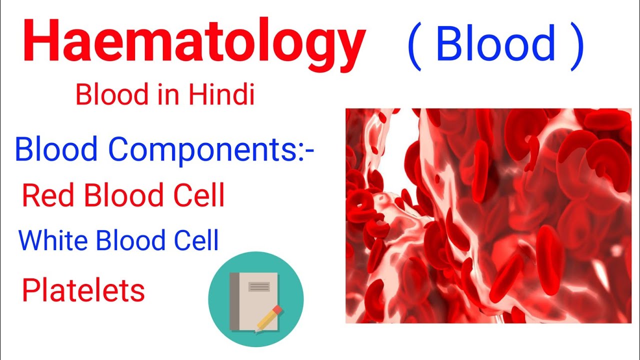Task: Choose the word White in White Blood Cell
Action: pos(53,240)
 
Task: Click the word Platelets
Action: pos(83,290)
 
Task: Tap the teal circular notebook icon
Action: pos(255,299)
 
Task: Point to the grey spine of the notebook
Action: pos(234,301)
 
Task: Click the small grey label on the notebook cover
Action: pos(259,286)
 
